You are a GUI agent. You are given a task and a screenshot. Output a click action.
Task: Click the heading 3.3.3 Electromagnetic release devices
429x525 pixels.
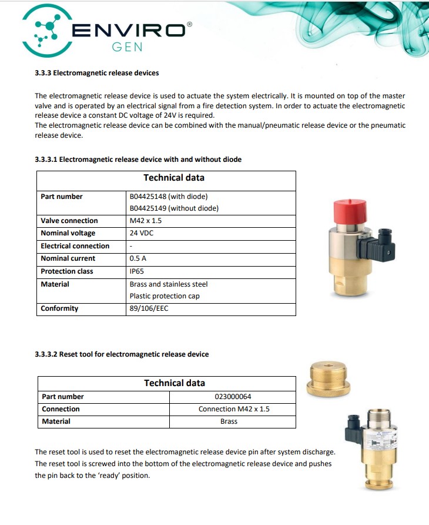[96, 73]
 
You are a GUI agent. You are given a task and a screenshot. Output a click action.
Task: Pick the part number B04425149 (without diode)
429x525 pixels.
[174, 208]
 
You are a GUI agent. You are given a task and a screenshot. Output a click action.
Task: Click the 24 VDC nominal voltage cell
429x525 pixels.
[142, 233]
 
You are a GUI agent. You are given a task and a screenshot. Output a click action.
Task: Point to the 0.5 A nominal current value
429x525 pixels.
[138, 258]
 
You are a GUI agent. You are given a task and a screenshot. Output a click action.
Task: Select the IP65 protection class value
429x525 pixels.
[137, 271]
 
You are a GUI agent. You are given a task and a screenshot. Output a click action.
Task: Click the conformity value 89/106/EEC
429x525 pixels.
[149, 308]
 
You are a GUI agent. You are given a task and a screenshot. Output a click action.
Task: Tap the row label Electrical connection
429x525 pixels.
[75, 246]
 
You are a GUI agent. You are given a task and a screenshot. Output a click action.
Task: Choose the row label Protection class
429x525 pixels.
[66, 271]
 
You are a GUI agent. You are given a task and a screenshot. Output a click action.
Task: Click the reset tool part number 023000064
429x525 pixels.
[233, 397]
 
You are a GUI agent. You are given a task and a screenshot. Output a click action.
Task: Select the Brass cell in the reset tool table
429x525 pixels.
[229, 421]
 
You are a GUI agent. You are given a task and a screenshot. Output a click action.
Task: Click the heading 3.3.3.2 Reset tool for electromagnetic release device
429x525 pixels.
[122, 354]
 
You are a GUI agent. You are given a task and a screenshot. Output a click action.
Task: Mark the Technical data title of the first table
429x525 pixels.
[174, 178]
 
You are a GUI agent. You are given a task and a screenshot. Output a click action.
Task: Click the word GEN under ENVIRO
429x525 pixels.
[127, 46]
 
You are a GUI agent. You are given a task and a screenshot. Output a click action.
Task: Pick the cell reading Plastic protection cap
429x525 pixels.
[165, 296]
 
